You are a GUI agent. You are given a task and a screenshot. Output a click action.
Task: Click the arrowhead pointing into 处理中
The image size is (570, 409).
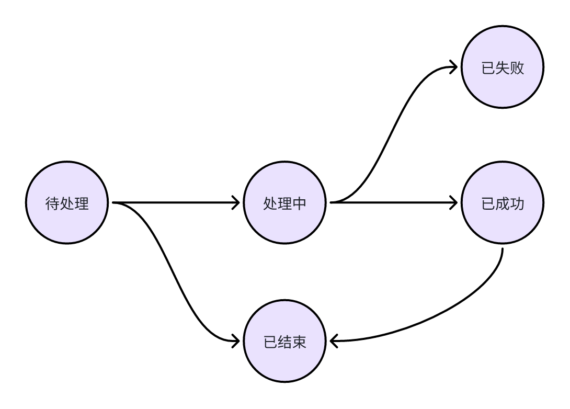(236, 202)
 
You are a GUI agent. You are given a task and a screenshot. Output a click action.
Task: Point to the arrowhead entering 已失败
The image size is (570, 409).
(454, 67)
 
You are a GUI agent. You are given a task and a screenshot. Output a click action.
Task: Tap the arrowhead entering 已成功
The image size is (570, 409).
(454, 202)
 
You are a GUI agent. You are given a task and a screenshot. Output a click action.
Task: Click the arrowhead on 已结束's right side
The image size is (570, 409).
(333, 342)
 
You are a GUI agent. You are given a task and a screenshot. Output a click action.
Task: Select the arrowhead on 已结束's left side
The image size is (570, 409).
(236, 342)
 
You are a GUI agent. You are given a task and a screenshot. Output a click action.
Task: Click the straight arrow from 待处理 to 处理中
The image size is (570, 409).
(173, 202)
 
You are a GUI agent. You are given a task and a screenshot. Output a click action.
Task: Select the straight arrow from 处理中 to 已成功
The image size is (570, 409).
(392, 202)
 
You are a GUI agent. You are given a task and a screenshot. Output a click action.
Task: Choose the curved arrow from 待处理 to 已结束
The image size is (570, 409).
(175, 272)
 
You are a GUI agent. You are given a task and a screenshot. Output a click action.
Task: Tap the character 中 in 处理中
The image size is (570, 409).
(299, 203)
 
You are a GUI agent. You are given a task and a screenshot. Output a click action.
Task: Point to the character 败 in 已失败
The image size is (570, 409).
(517, 69)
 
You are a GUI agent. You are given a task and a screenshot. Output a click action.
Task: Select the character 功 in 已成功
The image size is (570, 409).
(517, 203)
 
